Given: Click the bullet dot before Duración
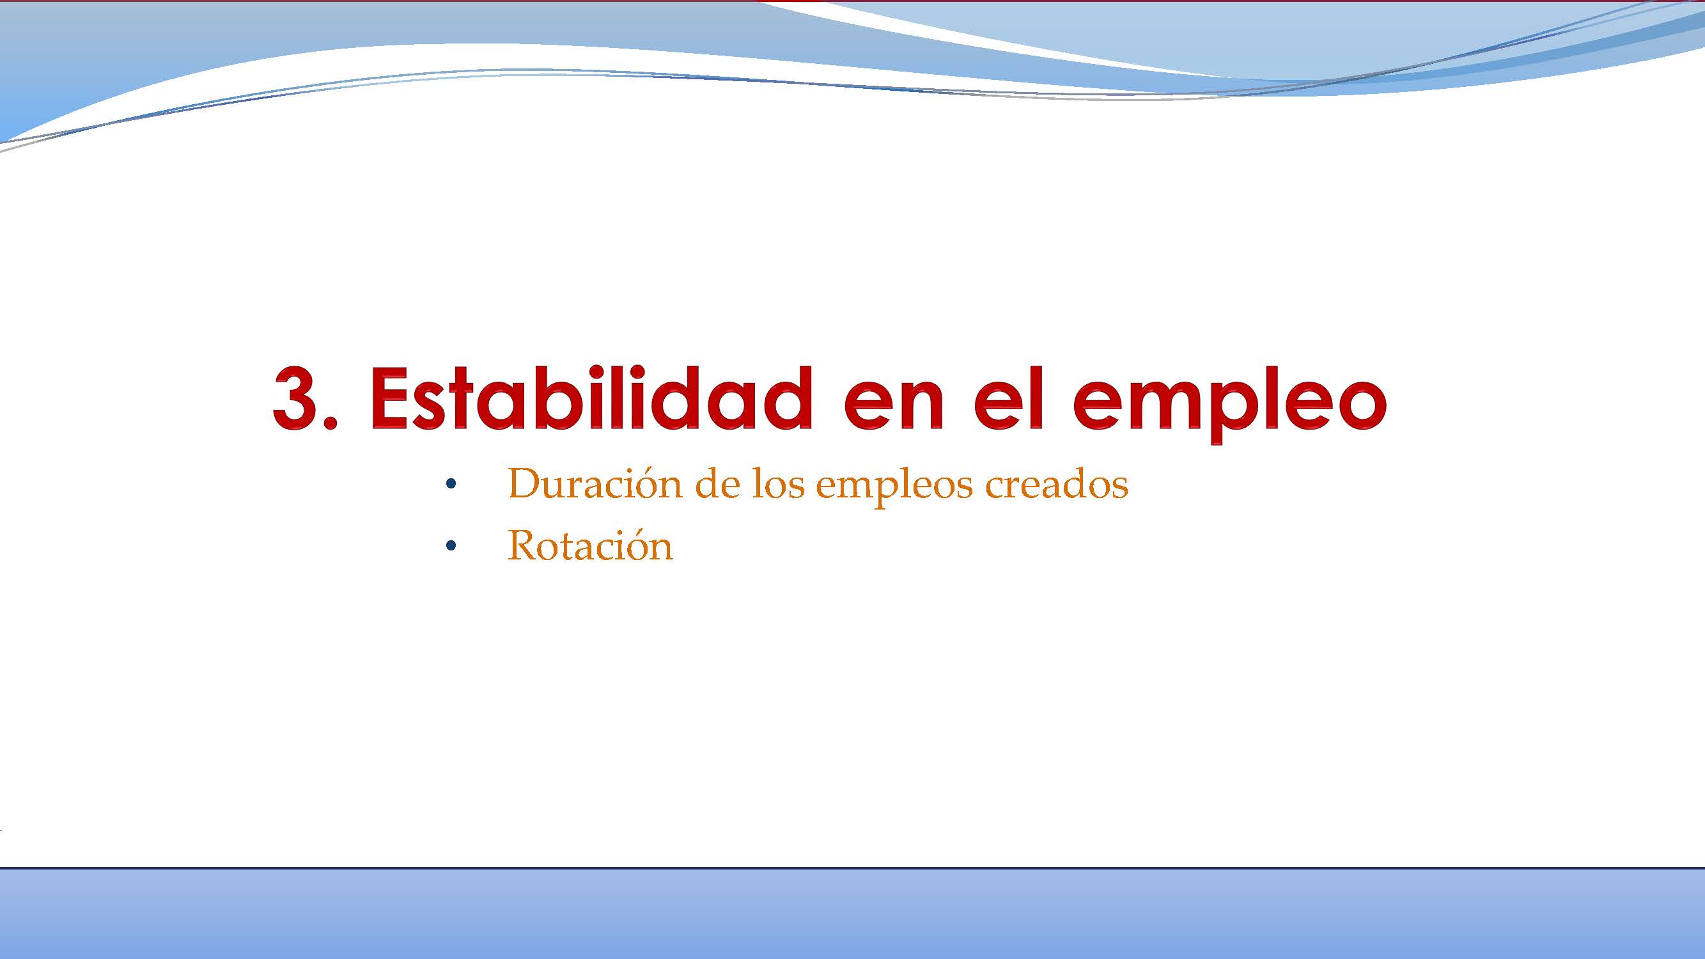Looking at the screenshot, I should coord(451,485).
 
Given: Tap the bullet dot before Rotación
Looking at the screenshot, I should coord(451,547).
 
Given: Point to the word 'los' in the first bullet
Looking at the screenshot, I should coord(779,484).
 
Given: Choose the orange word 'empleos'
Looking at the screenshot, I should coord(895,487).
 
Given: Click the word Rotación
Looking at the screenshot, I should coord(589,547).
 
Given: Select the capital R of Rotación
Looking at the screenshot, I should coord(522,547).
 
